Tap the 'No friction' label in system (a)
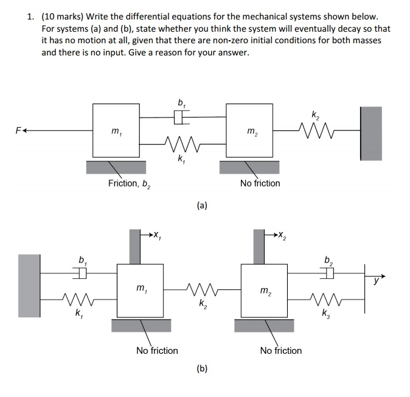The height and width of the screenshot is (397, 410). click(x=260, y=183)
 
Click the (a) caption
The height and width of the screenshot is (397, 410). click(x=202, y=206)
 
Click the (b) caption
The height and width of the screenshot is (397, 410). click(x=202, y=368)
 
